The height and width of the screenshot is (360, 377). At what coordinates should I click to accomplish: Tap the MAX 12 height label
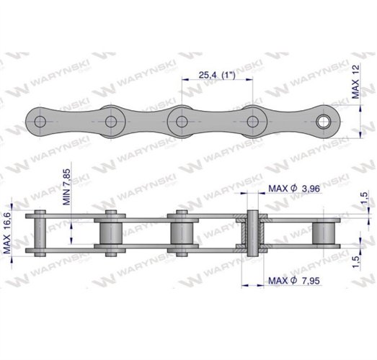coord(356,77)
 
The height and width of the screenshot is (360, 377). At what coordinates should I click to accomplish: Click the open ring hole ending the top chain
coord(331,121)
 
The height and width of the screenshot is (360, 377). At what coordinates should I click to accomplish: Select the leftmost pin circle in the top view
coord(41,121)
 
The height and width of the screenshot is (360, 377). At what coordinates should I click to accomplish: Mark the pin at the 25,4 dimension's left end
coord(181,121)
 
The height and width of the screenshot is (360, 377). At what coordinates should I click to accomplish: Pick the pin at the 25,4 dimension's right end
coord(254,121)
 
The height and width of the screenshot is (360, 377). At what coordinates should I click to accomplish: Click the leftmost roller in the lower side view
coord(41,233)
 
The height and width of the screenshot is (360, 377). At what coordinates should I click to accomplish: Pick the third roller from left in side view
coord(181,233)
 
